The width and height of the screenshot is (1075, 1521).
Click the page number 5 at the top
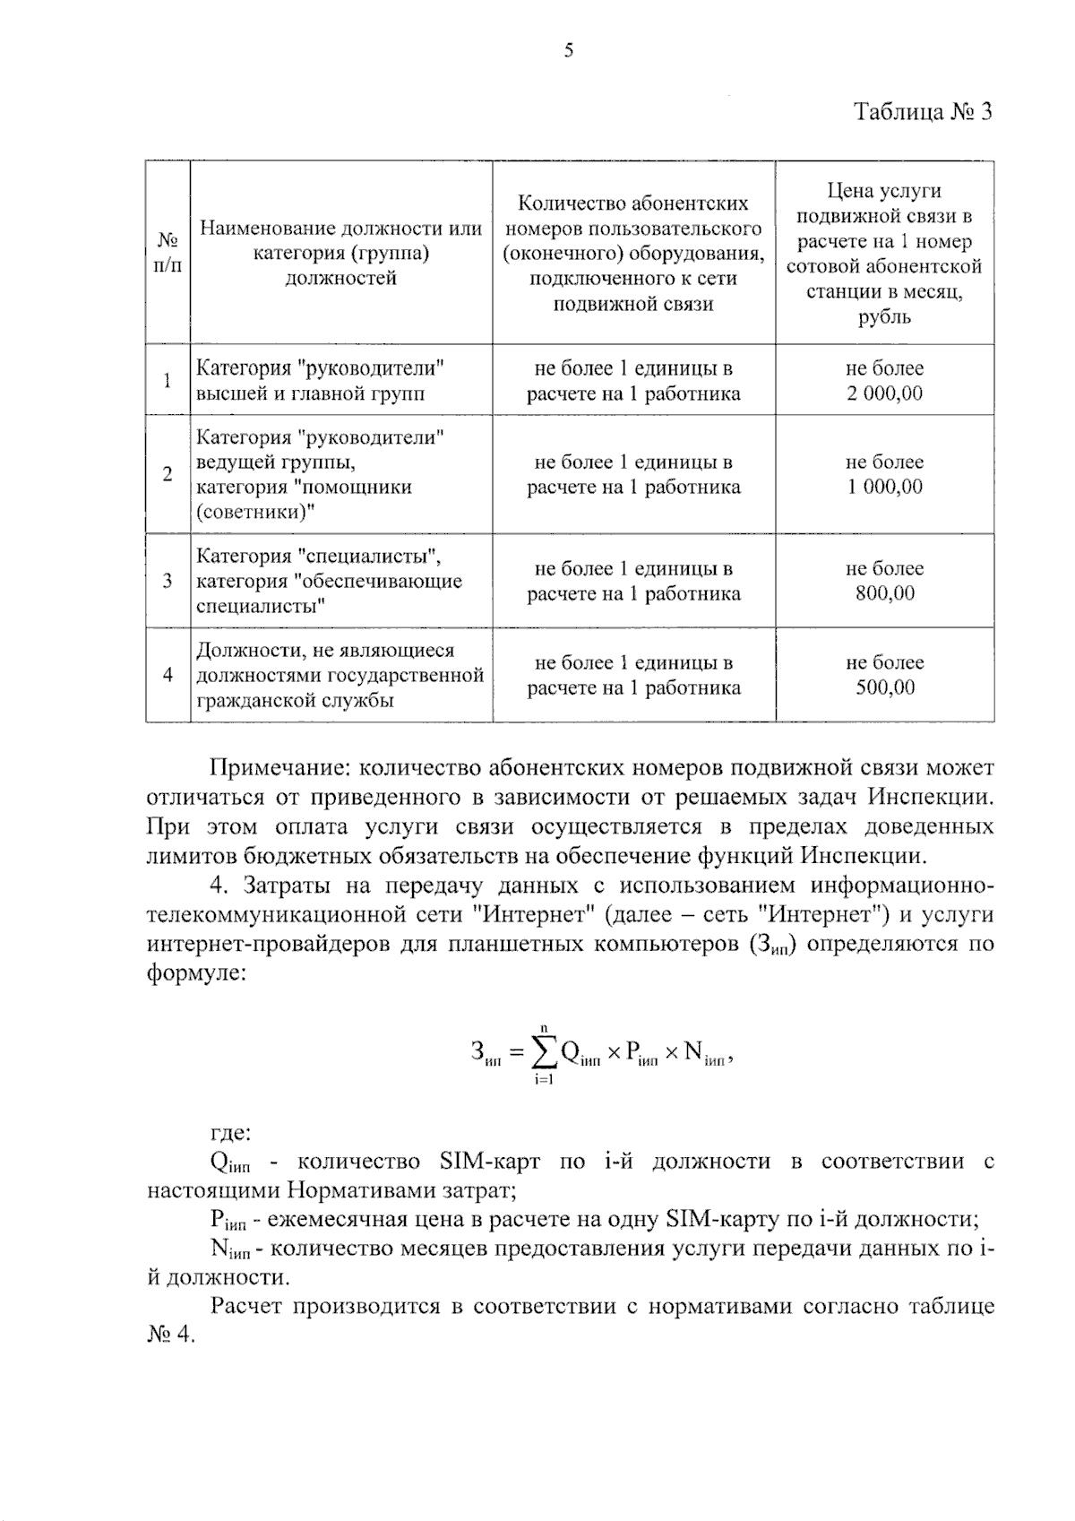coord(568,51)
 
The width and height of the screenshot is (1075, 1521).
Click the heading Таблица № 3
coord(923,112)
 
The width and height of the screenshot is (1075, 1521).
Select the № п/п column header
coord(168,254)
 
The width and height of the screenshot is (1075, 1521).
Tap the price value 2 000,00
coord(884,393)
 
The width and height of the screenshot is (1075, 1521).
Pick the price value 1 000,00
coord(884,488)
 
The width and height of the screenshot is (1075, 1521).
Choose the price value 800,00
coord(884,593)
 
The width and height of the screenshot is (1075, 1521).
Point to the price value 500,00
coord(884,687)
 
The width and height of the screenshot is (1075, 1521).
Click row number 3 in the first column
coord(168,581)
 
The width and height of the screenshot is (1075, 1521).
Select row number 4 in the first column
coord(168,675)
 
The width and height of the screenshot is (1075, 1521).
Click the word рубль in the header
coord(884,317)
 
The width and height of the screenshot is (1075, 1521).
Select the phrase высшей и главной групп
coord(311,393)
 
